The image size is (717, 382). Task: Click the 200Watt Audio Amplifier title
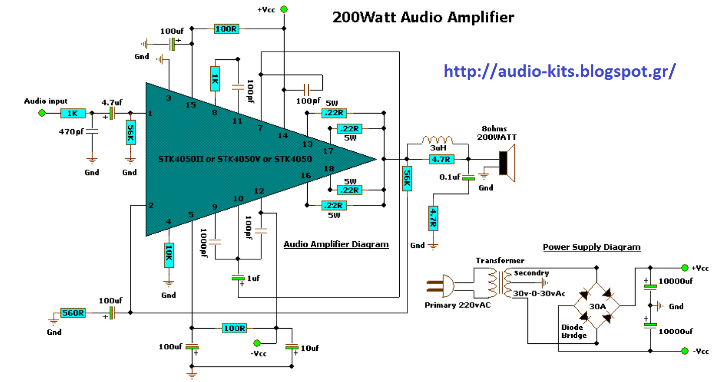(x=423, y=17)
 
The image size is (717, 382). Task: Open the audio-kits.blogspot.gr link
(x=560, y=71)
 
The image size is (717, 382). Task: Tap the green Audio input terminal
(x=42, y=113)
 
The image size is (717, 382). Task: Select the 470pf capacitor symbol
(x=92, y=132)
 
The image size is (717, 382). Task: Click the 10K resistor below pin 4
(x=168, y=255)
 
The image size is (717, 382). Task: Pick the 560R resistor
(x=73, y=313)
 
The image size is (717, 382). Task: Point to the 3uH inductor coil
(x=437, y=140)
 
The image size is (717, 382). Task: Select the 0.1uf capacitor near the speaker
(x=469, y=177)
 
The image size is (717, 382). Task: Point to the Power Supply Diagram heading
(x=591, y=247)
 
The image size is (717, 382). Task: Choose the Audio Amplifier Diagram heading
(x=336, y=245)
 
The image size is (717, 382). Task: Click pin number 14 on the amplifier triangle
(x=283, y=136)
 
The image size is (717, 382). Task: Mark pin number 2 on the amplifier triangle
(x=150, y=205)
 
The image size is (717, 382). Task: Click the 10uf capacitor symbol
(x=292, y=347)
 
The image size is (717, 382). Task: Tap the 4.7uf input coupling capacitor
(x=111, y=113)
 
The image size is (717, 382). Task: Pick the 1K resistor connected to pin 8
(x=215, y=79)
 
